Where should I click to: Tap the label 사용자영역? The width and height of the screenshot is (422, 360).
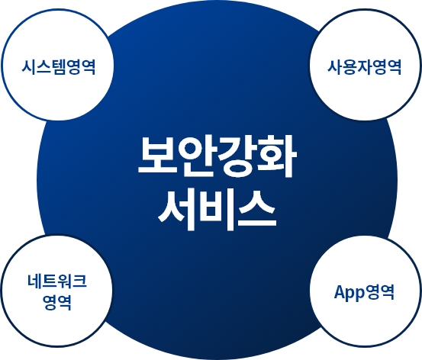(365, 67)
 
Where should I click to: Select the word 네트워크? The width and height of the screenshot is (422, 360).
(57, 282)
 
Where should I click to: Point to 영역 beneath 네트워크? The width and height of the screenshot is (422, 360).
(57, 303)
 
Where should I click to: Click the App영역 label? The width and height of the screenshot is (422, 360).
(364, 292)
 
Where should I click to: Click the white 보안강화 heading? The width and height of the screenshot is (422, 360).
(217, 157)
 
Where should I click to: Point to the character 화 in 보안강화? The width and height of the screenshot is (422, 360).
(278, 157)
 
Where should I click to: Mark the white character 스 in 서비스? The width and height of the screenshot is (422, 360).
(257, 210)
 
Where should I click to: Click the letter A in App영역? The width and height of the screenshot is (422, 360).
(340, 291)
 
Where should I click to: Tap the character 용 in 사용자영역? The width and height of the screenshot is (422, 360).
(350, 67)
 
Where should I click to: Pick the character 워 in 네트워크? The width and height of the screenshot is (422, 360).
(65, 282)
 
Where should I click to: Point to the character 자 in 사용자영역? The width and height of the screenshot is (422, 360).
(365, 67)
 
